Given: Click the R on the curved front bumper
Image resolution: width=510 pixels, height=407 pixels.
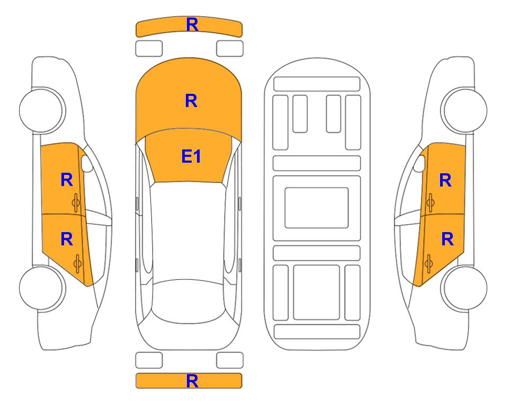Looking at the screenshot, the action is [192, 25].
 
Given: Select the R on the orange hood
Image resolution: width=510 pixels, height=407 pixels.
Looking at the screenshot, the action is [191, 101].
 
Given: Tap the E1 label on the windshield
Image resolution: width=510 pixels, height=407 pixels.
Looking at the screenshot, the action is [191, 156].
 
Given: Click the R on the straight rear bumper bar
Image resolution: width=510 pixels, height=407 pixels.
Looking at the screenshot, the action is [192, 381].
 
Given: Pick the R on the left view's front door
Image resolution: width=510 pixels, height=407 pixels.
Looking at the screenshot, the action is [67, 180].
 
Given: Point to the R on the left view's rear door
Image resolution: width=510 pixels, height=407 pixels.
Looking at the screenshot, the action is [67, 240].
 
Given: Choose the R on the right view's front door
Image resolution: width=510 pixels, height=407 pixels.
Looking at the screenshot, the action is [445, 180].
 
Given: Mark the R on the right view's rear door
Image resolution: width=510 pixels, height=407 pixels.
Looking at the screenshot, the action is [447, 240].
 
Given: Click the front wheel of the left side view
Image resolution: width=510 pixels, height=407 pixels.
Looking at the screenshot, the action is [42, 110].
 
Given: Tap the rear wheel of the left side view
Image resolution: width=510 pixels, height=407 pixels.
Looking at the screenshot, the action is [42, 288].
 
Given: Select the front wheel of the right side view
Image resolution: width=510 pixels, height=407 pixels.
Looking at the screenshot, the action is [464, 110].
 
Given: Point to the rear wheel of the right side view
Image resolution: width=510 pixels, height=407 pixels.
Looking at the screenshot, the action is [464, 288].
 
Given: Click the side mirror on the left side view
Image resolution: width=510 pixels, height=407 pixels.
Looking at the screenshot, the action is [86, 163].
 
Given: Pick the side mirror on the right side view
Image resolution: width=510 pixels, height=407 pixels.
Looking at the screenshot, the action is [419, 163].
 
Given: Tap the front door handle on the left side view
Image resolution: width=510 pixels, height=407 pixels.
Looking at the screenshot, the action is [76, 202].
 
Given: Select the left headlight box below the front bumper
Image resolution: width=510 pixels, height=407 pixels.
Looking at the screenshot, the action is [149, 49].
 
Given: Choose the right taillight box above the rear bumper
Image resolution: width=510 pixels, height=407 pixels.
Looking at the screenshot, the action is [230, 360].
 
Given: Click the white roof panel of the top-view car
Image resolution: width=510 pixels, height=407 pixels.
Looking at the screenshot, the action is [188, 231].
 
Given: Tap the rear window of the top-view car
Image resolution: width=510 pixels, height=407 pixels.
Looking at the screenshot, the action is [189, 301].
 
